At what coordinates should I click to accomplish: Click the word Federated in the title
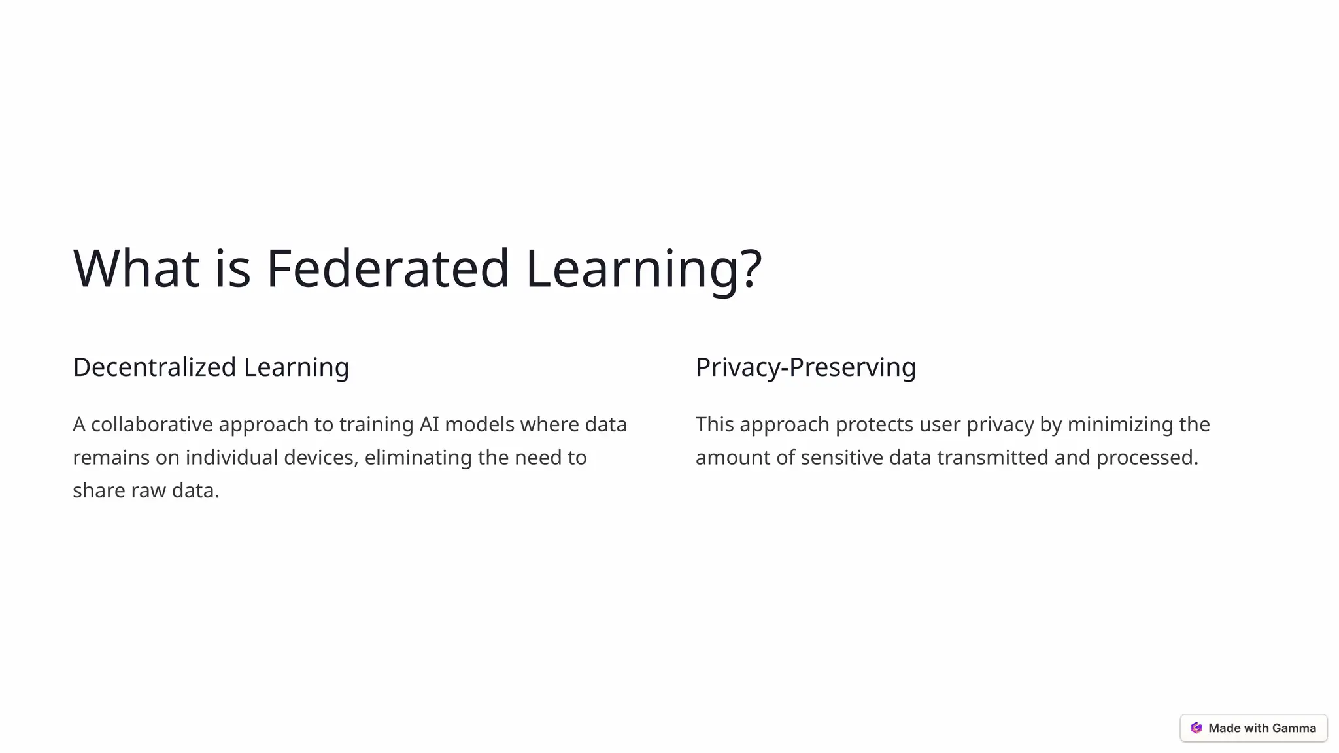387,268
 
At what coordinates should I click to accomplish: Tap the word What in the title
136,268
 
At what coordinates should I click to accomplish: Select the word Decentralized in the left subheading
154,367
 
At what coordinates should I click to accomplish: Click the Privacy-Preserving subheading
805,367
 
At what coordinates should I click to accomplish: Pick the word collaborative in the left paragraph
152,424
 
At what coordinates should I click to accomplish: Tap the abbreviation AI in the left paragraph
429,424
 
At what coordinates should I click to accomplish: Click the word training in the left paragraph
376,426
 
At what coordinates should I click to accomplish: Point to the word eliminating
418,458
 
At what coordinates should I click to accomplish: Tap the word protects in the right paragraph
874,425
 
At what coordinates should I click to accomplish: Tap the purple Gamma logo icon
1196,728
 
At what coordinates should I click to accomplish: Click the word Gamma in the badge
1294,728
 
